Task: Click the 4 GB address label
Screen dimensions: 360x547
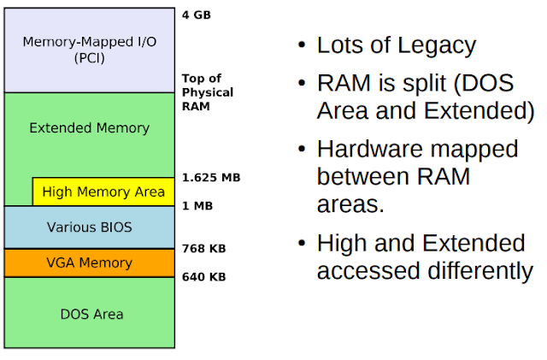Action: tap(196, 15)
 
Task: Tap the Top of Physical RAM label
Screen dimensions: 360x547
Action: tap(207, 92)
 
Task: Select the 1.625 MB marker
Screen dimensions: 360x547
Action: tap(211, 178)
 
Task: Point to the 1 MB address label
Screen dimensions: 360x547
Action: tap(197, 205)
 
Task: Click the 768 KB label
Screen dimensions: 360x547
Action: tap(203, 249)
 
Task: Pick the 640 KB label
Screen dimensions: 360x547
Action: tap(203, 277)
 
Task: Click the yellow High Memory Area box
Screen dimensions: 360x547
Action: tap(103, 192)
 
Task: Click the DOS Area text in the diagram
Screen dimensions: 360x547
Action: tap(91, 314)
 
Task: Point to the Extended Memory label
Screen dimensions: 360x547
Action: tap(89, 128)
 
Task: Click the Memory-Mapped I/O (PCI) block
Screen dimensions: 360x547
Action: tap(90, 49)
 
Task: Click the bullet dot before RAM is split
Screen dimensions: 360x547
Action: tap(302, 85)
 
